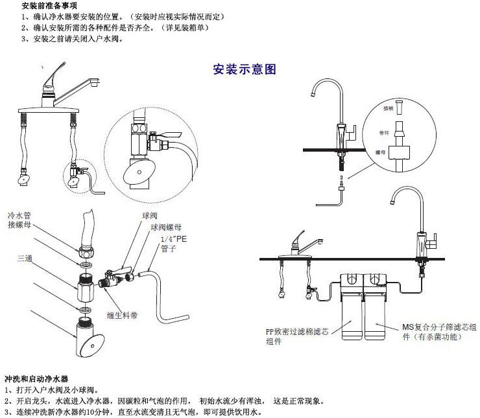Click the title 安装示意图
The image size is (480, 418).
click(245, 69)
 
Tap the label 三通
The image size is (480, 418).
click(26, 258)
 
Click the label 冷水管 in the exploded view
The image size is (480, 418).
click(20, 215)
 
